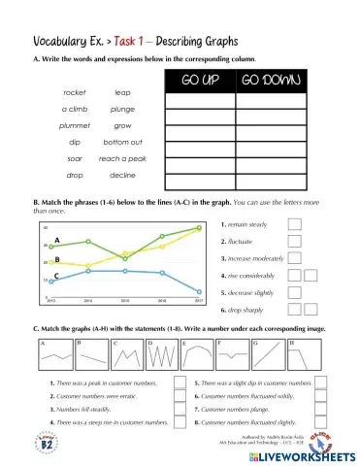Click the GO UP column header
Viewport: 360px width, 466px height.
coord(200,80)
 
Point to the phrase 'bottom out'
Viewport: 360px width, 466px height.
coord(123,142)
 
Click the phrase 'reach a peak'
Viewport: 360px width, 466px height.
coord(122,158)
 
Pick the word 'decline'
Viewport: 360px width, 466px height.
coord(122,175)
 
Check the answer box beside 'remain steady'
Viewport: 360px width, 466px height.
coord(295,224)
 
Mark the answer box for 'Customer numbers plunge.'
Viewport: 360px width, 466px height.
coord(325,411)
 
